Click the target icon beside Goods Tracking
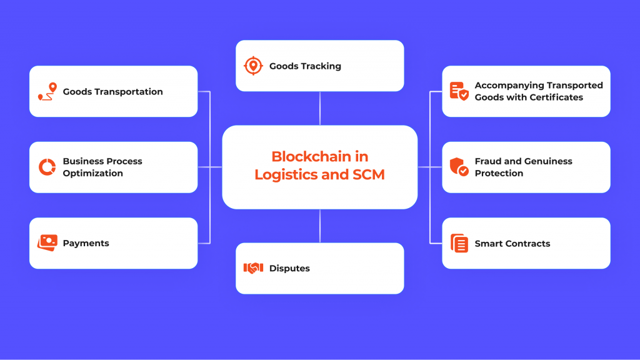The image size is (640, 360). (252, 66)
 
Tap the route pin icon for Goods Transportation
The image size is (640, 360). (47, 91)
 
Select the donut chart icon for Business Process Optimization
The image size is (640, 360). (47, 167)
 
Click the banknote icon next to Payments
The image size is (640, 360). (47, 242)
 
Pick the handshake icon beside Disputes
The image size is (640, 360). (252, 268)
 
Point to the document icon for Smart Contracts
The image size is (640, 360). (459, 243)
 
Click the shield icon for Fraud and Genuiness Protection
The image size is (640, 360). (459, 167)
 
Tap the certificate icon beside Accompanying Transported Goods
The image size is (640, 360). (459, 91)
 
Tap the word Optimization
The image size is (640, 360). (92, 173)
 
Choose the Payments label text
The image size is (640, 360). (86, 243)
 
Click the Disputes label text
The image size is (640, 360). (289, 269)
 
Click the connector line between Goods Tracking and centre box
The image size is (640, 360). (320, 108)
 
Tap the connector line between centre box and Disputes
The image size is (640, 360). (320, 226)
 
